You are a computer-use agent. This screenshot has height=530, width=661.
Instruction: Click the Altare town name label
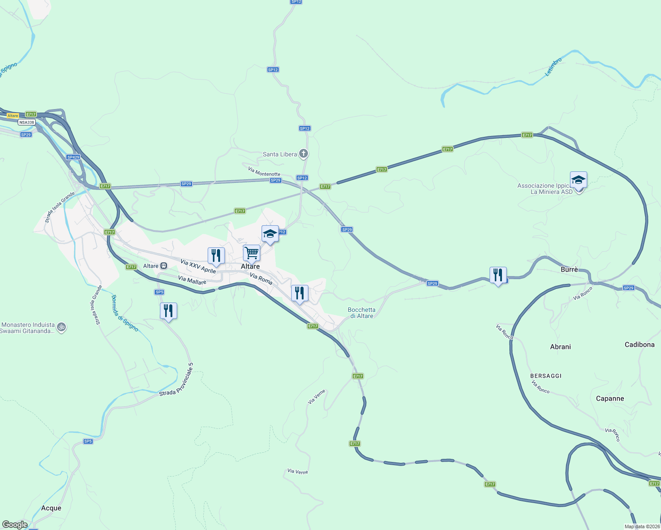coord(250,266)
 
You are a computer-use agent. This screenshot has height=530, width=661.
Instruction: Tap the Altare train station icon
coord(163,266)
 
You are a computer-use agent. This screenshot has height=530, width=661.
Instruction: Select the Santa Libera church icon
coord(303,154)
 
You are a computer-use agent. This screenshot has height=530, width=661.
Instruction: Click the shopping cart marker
coord(251,254)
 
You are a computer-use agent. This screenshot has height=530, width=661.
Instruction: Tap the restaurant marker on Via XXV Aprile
coord(216,256)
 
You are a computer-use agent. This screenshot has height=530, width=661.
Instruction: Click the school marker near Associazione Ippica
coord(578,180)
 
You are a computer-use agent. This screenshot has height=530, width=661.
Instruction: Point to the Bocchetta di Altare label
coord(361,313)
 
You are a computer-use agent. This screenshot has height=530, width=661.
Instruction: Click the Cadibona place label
coord(639,344)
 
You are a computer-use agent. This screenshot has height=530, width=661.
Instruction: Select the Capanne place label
coord(610,398)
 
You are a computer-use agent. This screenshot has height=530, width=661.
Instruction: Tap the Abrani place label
coord(560,347)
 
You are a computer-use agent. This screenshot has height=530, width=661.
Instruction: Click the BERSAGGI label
coord(546,376)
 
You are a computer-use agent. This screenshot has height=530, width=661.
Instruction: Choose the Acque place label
coord(51,508)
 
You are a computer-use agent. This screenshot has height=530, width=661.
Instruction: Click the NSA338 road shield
coord(27,122)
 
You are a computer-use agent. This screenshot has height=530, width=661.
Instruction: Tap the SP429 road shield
coord(73,157)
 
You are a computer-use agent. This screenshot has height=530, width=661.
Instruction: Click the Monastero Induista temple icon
coord(62,328)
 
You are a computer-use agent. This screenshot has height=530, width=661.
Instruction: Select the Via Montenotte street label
coord(264,171)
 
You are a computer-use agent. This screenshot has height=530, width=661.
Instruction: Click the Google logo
coord(15,525)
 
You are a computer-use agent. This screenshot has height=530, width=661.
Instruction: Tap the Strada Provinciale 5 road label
coord(176,379)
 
